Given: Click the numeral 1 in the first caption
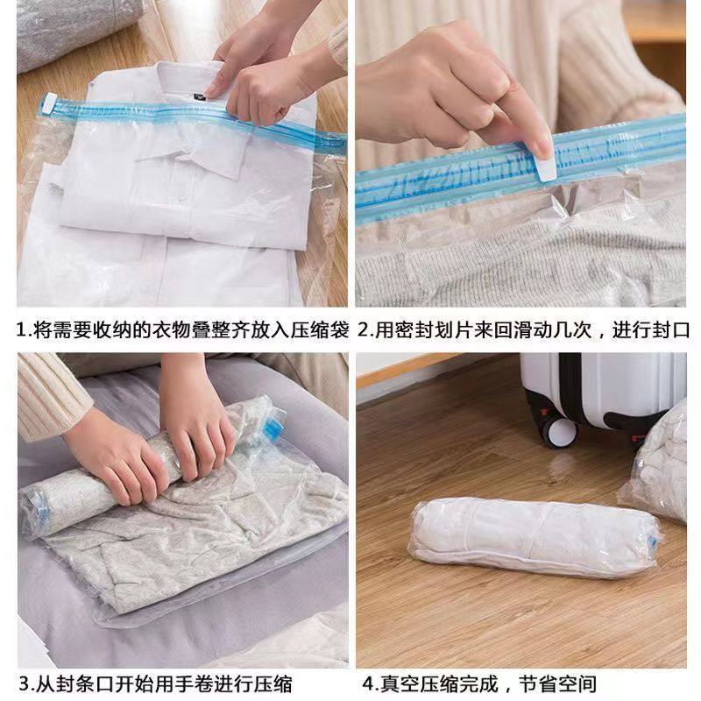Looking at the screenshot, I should [x=23, y=331].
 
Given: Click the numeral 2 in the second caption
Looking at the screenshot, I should [x=365, y=331].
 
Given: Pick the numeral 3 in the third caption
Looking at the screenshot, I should [x=24, y=683].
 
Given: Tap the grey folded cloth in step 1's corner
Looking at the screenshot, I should [x=70, y=31].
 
